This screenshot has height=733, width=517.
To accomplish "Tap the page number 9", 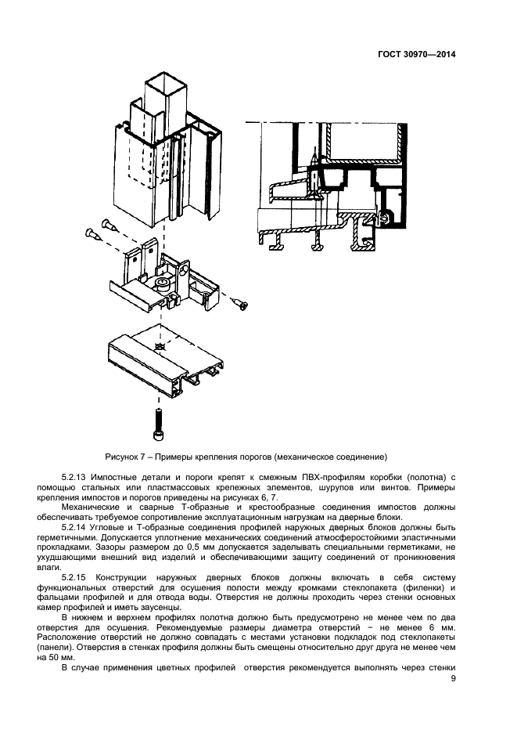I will [x=453, y=678].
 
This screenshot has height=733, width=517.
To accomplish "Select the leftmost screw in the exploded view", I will [x=92, y=232].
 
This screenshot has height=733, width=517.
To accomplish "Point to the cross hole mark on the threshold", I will [x=158, y=345].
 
